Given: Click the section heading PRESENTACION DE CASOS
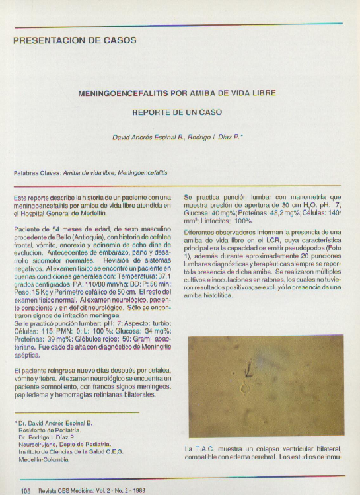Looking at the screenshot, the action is pos(75,40).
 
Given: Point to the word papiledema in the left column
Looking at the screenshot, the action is pos(32,395).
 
